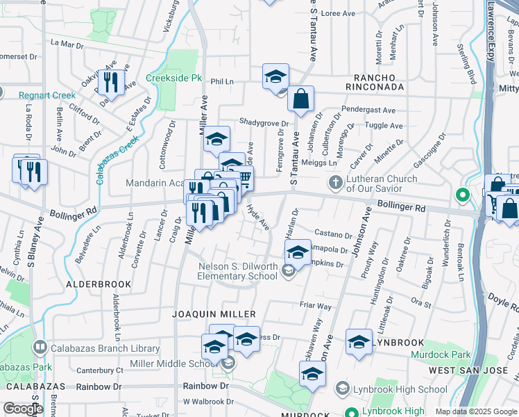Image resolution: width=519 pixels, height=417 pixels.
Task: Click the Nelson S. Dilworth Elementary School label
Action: (238, 271)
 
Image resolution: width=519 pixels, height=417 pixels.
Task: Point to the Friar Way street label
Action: (316, 306)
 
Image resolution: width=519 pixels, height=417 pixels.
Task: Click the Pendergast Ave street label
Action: (368, 110)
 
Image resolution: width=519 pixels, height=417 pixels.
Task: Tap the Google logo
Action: (24, 408)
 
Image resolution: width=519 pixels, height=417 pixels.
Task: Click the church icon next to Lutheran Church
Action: (336, 183)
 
